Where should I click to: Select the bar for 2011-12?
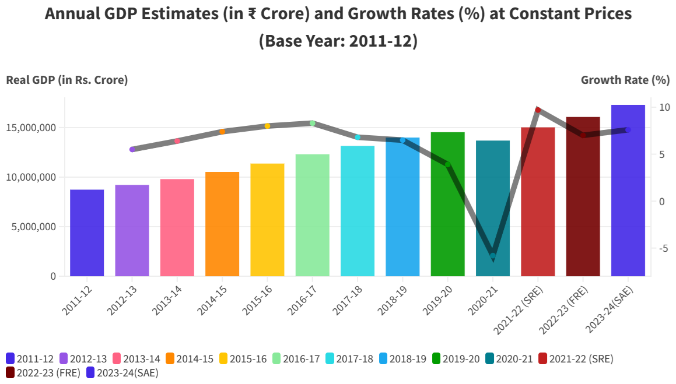tap(87, 232)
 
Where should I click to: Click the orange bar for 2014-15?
tap(222, 224)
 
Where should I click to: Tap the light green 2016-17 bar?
tap(312, 215)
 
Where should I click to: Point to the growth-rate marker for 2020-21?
tap(493, 256)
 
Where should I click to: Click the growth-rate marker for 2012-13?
tap(132, 149)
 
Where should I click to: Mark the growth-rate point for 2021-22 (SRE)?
tap(538, 110)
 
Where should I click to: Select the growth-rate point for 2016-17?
tap(312, 123)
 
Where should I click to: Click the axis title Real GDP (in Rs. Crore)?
tap(66, 80)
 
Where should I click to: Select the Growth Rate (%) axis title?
tap(625, 80)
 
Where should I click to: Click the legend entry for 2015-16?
tap(243, 359)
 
